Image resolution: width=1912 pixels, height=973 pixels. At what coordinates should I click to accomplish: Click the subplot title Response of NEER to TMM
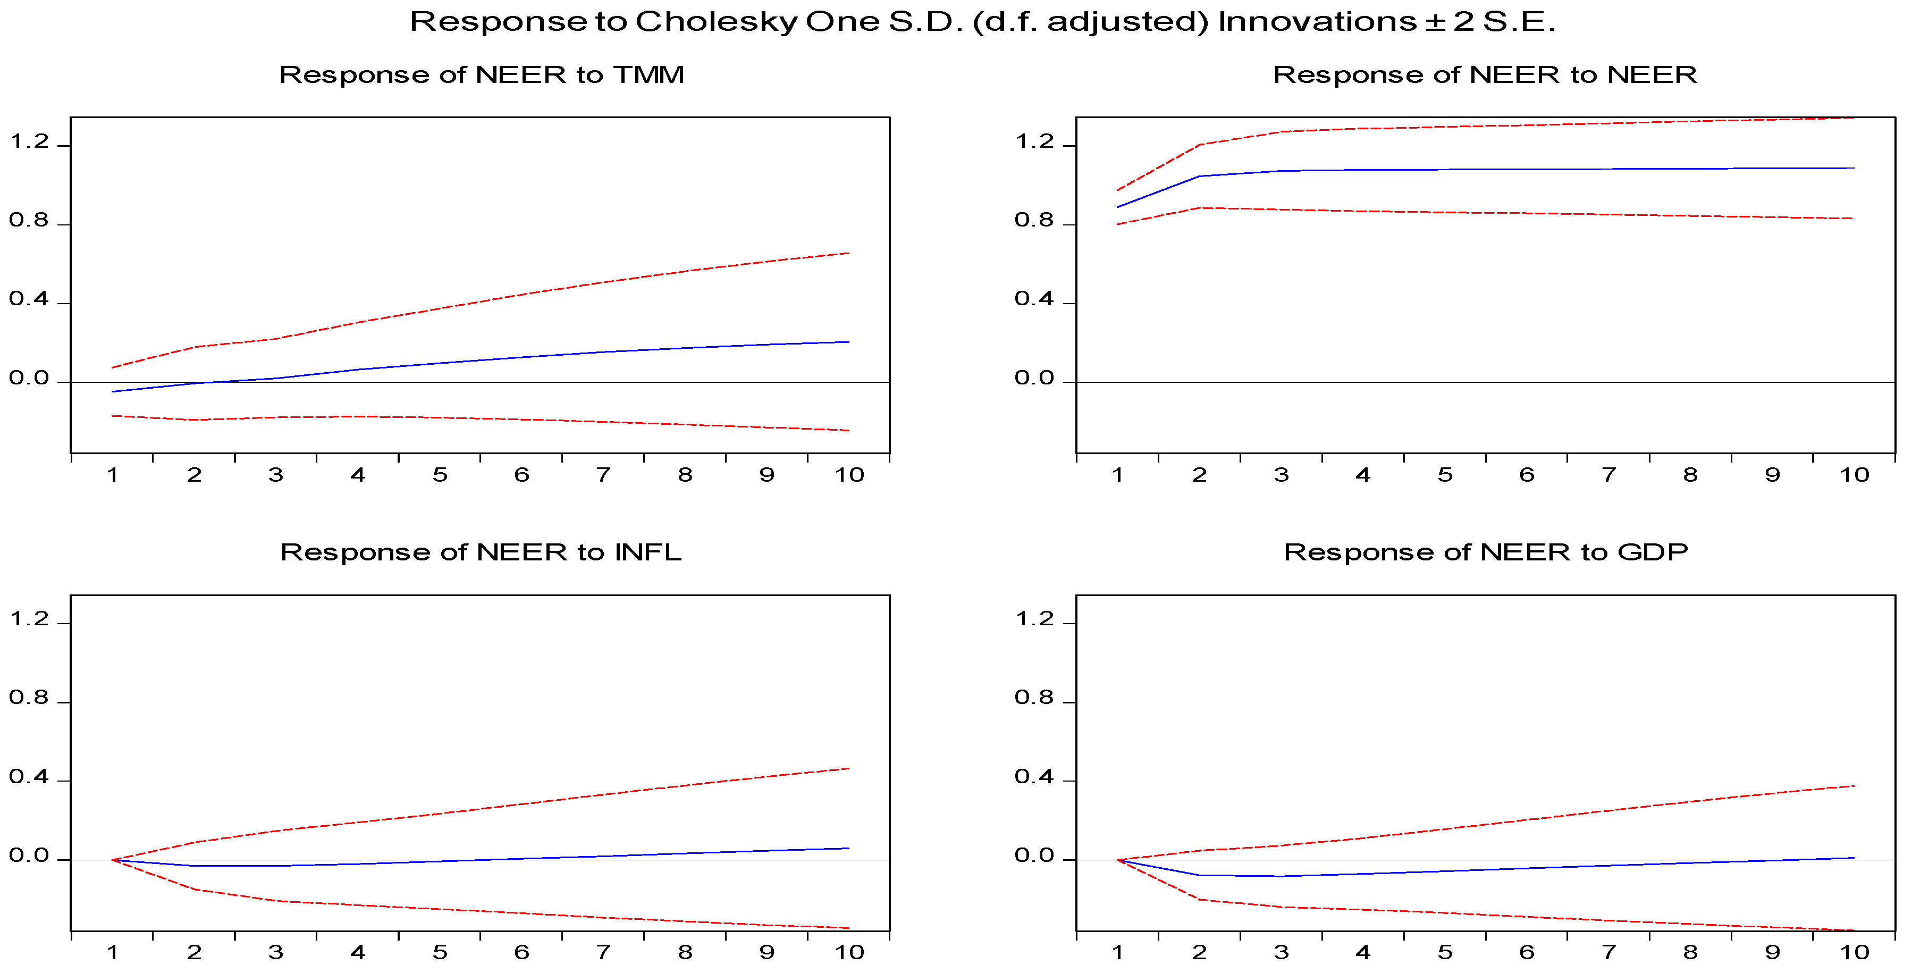pos(481,75)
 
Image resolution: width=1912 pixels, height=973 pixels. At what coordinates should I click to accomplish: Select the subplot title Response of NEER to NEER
pos(1485,75)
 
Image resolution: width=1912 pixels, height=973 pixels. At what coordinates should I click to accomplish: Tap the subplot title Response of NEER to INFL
pos(481,552)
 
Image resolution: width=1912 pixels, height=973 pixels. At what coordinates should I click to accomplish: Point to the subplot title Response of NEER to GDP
pos(1485,552)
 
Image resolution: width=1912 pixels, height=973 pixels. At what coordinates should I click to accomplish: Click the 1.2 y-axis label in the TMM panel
pos(29,142)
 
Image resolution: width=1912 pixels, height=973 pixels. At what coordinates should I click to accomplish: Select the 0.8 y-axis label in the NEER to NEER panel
pos(1034,221)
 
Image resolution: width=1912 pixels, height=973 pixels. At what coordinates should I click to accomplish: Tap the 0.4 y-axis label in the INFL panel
pos(29,777)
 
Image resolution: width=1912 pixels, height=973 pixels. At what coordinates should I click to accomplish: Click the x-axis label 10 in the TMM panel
pos(849,475)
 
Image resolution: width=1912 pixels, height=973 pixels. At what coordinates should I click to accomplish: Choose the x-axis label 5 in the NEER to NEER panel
pos(1444,475)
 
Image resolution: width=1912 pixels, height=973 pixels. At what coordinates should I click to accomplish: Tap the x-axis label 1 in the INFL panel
pos(112,952)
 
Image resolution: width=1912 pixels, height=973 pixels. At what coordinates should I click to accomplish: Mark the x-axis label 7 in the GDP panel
pos(1608,952)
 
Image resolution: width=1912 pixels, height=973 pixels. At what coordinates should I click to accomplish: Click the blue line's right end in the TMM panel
pos(848,342)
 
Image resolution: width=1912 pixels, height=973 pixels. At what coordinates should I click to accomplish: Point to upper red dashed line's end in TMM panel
pos(848,253)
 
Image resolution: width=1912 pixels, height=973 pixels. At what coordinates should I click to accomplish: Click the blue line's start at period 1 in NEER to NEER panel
pos(1118,207)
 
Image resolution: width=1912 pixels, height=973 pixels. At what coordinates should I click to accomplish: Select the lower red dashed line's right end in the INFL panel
pos(848,928)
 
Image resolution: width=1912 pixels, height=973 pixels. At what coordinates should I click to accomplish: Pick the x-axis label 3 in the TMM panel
pos(276,475)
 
